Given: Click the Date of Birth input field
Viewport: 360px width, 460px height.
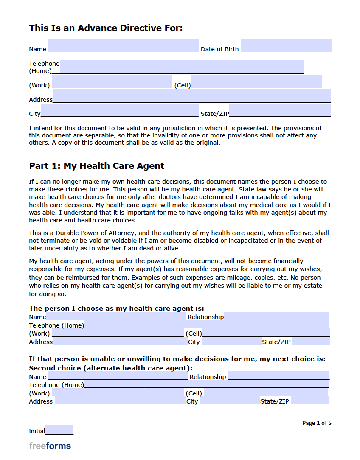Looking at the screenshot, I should [x=286, y=46].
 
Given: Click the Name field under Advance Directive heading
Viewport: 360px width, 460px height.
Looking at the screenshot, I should [x=123, y=46].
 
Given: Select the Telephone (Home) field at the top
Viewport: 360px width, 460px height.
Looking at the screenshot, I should [x=181, y=67].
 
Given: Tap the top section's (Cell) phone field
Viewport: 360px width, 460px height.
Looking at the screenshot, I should [x=256, y=81].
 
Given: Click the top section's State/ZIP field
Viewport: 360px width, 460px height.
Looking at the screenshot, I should [x=279, y=110].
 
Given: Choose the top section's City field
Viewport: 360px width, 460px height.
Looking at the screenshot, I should [x=120, y=110].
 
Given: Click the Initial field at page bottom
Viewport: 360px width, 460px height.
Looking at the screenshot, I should [x=59, y=430].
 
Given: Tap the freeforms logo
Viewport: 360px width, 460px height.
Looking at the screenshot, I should [x=50, y=446].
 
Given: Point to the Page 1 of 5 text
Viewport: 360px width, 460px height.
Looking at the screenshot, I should [x=317, y=423].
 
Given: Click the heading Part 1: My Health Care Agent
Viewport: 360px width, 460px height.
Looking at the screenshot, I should [x=96, y=166].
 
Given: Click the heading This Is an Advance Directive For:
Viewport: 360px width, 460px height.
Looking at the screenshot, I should [x=106, y=28].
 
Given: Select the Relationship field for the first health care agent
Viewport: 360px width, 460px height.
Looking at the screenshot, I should [x=276, y=316].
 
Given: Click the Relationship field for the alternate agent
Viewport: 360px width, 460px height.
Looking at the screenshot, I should [x=278, y=376].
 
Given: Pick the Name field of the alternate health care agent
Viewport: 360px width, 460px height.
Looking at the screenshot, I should [x=118, y=376].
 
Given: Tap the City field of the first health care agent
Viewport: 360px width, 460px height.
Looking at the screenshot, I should [x=231, y=342].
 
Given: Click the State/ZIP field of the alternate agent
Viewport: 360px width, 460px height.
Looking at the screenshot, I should [x=309, y=401].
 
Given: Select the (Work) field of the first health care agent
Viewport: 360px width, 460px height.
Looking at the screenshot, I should [x=117, y=333].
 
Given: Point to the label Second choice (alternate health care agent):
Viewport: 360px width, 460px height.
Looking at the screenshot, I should [x=110, y=368].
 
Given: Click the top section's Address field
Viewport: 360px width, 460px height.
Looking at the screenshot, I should [x=191, y=96].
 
